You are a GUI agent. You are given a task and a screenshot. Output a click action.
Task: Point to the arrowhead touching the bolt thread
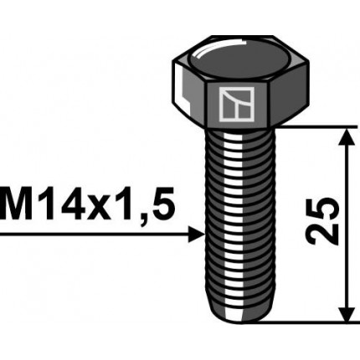tap(198, 234)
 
